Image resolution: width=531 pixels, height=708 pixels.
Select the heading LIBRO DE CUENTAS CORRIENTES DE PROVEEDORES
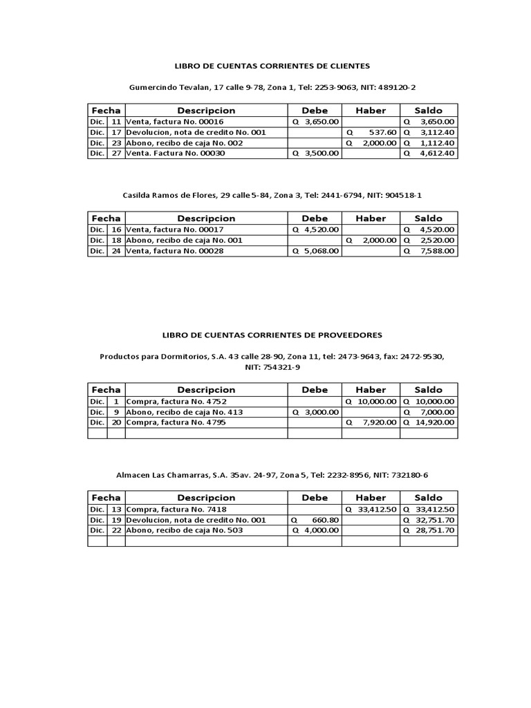(x=272, y=335)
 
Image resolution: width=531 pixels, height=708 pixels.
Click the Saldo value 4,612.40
(x=438, y=153)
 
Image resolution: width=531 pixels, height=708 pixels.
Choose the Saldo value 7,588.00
(x=438, y=251)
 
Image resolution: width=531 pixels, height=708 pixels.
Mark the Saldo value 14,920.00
(x=434, y=422)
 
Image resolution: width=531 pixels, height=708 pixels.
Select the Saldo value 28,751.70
(x=434, y=530)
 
